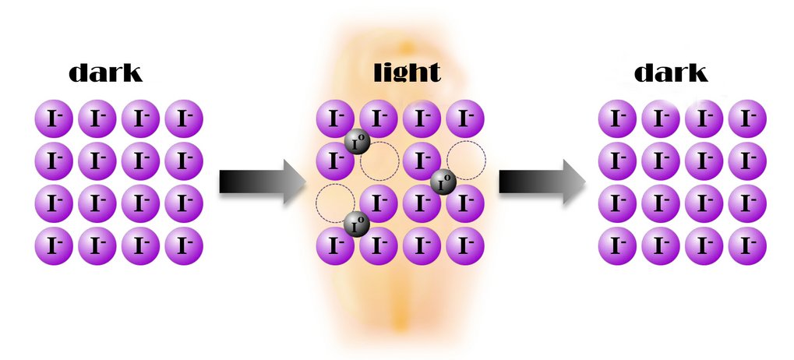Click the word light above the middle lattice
(x=406, y=72)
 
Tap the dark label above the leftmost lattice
(x=105, y=72)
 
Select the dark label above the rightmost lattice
(x=670, y=72)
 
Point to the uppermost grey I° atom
(x=356, y=142)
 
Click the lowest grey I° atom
(x=356, y=224)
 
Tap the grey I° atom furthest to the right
(x=443, y=182)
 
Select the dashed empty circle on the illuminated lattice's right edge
(x=466, y=161)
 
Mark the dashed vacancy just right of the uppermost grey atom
(x=379, y=161)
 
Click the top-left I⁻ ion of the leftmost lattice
(x=54, y=119)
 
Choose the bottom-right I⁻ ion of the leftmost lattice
(x=184, y=246)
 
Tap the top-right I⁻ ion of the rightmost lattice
(x=747, y=119)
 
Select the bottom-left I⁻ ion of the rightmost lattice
(x=617, y=246)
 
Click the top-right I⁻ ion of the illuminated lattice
(x=466, y=119)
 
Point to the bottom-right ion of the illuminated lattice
(x=466, y=246)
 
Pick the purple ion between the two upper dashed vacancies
(x=422, y=161)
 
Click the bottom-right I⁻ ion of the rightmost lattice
(x=747, y=246)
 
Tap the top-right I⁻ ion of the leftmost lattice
(x=184, y=119)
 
